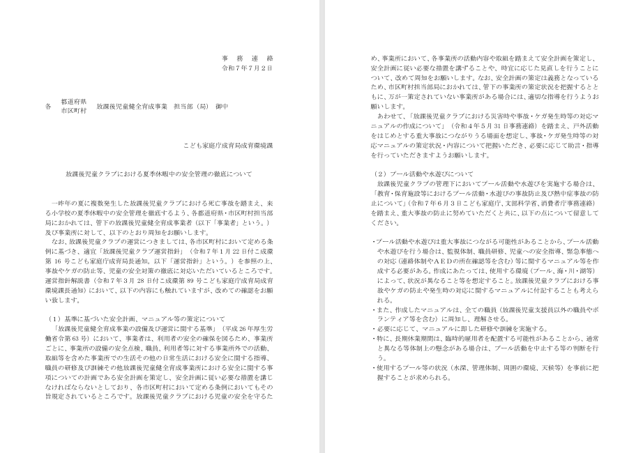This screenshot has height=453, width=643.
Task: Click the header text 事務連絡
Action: tap(247, 59)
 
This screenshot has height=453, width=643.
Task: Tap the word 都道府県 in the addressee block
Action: tap(73, 102)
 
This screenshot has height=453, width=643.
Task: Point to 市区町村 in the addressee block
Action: tap(73, 111)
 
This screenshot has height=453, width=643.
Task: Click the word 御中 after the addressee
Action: tap(222, 107)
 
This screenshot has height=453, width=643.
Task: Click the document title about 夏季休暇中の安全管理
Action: tap(158, 173)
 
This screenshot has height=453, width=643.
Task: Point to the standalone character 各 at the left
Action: tap(48, 107)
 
